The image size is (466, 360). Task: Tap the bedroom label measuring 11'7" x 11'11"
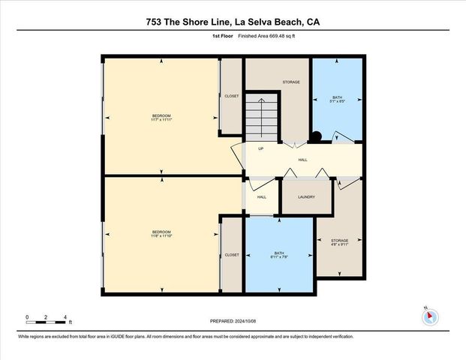[161, 117]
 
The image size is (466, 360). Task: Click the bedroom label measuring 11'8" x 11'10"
[161, 234]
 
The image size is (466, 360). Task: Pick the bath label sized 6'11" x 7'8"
[278, 256]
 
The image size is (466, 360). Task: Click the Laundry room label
[305, 197]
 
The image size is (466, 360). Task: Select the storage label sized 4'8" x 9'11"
[338, 242]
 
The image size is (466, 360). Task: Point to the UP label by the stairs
[260, 148]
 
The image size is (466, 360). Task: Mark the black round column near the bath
[317, 136]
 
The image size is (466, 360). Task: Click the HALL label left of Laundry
[261, 197]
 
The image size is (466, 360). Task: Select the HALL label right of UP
[302, 160]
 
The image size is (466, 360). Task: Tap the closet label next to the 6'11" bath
[232, 255]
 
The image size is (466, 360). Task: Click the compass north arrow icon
[429, 316]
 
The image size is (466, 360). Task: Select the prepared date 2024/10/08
[233, 321]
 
